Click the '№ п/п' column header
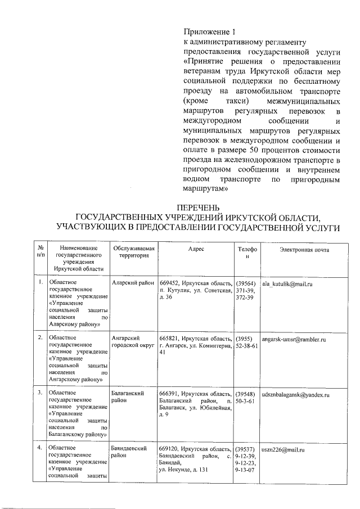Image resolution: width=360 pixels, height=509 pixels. pos(40,253)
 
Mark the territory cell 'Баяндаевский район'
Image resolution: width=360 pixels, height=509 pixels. pos(129,453)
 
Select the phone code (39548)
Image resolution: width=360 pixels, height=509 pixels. pos(246,394)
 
